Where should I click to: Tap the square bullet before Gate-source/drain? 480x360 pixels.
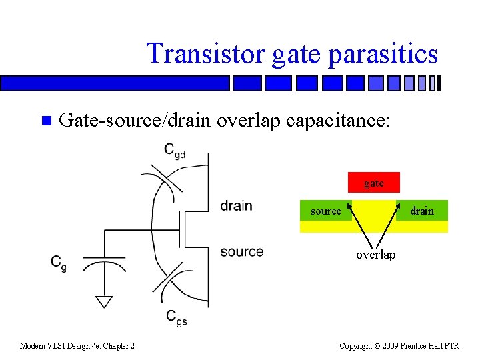[x=45, y=121]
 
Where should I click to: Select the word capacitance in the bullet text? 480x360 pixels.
[x=340, y=120]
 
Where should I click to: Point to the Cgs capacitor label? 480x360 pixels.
[x=177, y=317]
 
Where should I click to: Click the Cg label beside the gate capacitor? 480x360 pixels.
[x=59, y=262]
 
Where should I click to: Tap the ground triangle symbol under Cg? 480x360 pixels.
[x=103, y=301]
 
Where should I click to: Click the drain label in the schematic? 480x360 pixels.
[x=236, y=205]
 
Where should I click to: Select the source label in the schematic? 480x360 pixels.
[x=241, y=251]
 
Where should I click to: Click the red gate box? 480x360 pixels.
[x=373, y=183]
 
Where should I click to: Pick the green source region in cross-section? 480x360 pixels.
[x=325, y=211]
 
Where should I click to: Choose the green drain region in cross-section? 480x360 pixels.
[x=422, y=211]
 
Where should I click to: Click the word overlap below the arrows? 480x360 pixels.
[x=375, y=255]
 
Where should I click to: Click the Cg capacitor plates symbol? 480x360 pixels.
[x=104, y=261]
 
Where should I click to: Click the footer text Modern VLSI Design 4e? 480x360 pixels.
[x=77, y=345]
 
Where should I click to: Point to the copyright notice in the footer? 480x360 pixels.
[x=399, y=345]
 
